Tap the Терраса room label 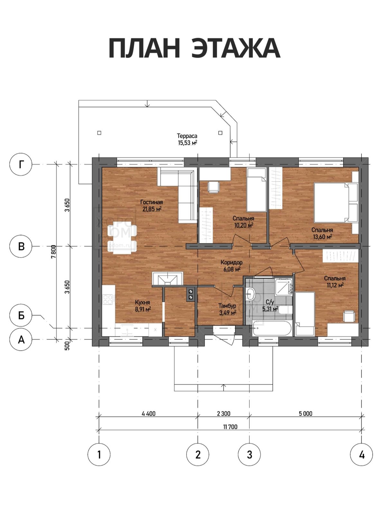pyautogui.click(x=187, y=136)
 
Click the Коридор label pyautogui.click(x=231, y=262)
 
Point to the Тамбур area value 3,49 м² pyautogui.click(x=227, y=313)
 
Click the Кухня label pyautogui.click(x=142, y=303)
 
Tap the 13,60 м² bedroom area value pyautogui.click(x=323, y=237)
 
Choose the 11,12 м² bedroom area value pyautogui.click(x=335, y=285)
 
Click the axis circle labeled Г pyautogui.click(x=21, y=164)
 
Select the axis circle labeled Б pyautogui.click(x=21, y=315)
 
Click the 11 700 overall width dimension pyautogui.click(x=230, y=427)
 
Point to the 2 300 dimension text pyautogui.click(x=224, y=413)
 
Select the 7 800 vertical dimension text pyautogui.click(x=54, y=252)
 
